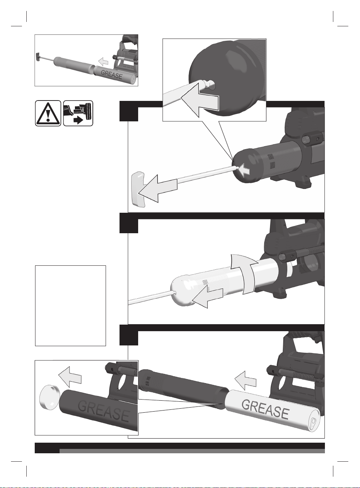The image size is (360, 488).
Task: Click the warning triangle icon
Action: pos(48,113)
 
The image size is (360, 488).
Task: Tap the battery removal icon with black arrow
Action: pos(78,113)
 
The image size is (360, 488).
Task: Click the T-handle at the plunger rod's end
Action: pos(139,190)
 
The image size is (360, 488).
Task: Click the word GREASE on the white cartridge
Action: pos(265,409)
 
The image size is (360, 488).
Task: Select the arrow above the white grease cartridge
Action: pos(245,381)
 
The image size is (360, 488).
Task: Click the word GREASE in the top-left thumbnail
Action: pos(111,74)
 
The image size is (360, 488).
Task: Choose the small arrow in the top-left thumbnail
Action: pos(103,61)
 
